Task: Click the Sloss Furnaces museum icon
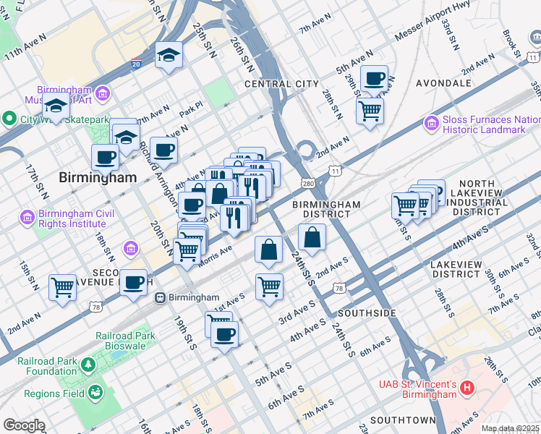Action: coord(433,124)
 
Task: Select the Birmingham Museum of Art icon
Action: coord(102,93)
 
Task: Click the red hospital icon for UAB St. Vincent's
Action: coord(467,388)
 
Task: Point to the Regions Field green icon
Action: coord(94,393)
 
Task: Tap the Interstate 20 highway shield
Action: coord(137,64)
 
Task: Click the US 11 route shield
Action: coord(336,171)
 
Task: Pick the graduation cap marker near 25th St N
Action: coord(169,55)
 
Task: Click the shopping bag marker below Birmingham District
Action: coord(312,237)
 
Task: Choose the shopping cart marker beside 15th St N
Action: coord(62,286)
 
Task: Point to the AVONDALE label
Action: coord(443,84)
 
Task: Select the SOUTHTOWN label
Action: coord(403,420)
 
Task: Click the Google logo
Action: coord(24,425)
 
